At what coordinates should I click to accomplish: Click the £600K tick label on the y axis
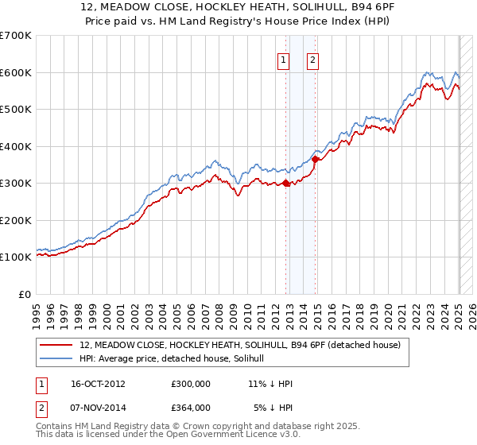16,72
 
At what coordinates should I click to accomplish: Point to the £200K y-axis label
16,220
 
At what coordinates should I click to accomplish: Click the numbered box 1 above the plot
284,58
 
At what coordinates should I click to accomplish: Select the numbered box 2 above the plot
313,58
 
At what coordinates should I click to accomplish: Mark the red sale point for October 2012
285,184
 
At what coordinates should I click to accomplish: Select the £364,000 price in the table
191,407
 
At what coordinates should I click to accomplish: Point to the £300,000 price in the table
191,384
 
